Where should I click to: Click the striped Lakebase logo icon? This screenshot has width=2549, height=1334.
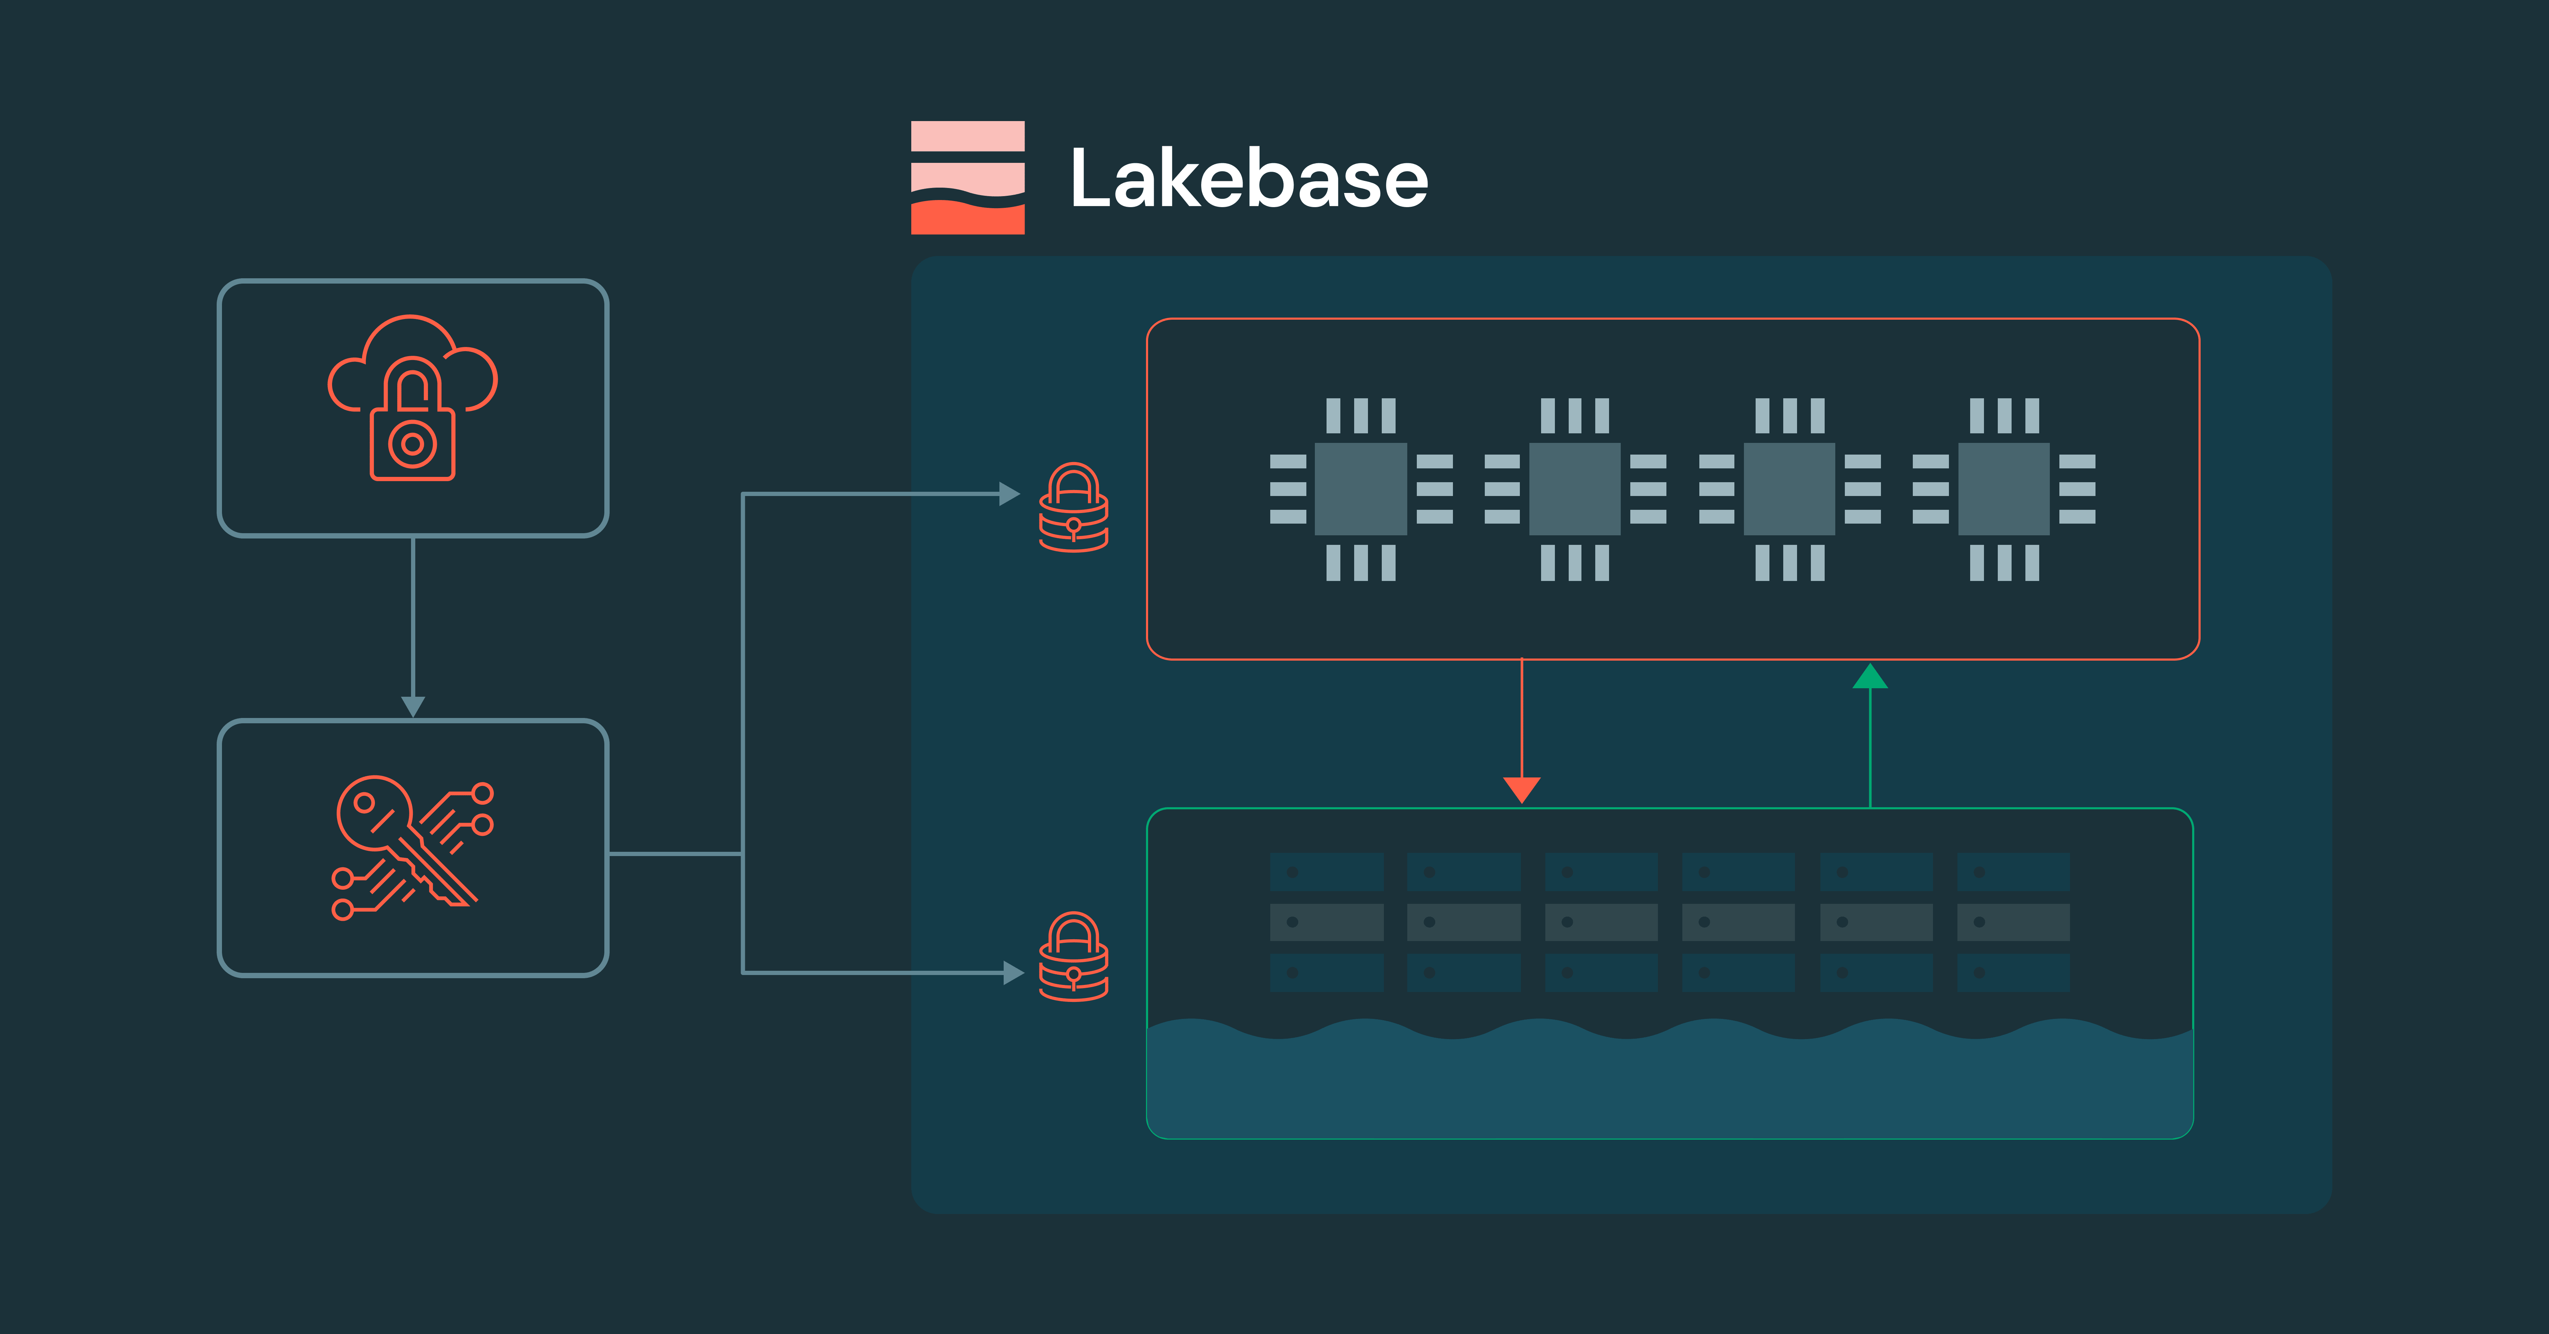coord(967,178)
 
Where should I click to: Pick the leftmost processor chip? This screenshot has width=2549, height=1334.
coord(1361,489)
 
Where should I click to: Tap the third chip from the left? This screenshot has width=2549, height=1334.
coord(1789,489)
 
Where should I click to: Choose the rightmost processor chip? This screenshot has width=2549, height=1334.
coord(2004,489)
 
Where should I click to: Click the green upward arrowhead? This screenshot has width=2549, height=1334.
coord(1869,677)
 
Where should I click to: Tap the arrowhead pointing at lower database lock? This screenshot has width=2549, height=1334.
coord(1012,973)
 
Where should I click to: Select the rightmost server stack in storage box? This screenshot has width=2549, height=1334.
coord(2013,922)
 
